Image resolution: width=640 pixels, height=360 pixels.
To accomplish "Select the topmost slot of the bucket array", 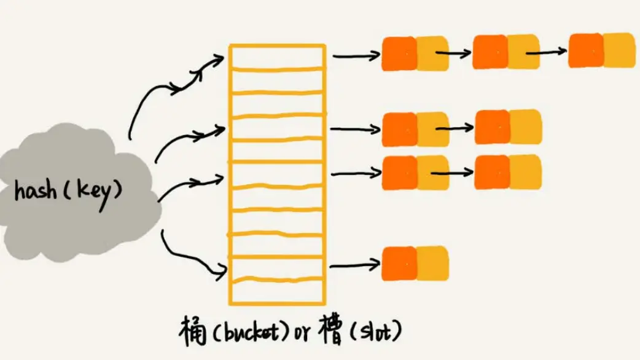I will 276,56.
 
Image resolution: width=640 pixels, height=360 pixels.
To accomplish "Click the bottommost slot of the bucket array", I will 276,292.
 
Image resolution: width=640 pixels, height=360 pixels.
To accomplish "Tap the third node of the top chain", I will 601,50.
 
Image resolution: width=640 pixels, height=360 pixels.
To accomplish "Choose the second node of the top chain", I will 505,52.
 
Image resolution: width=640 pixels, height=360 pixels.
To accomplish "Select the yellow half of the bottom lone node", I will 432,263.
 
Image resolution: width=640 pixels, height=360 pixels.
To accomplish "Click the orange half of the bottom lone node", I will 399,263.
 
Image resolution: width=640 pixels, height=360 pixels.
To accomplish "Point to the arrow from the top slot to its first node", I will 357,55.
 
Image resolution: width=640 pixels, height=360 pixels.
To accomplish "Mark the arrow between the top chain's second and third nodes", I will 545,52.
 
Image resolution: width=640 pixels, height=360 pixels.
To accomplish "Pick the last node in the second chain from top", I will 508,127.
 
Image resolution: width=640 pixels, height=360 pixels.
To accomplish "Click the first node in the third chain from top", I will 415,173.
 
